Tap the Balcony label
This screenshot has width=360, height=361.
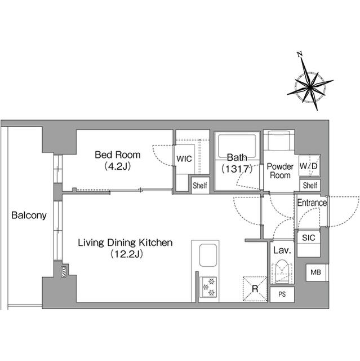[x=28, y=215]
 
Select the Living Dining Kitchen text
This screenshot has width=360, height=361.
[x=124, y=243]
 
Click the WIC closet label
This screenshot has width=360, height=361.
[x=184, y=159]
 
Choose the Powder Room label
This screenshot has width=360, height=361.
[x=279, y=170]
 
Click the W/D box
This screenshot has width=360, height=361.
[x=308, y=166]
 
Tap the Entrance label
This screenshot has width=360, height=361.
[x=312, y=203]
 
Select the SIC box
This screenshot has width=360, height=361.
[x=308, y=237]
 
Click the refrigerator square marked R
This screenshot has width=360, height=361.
[x=255, y=288]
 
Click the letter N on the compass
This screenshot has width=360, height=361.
[x=300, y=54]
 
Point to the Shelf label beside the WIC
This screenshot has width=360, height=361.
[x=199, y=185]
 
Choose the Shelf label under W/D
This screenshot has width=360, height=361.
[x=309, y=185]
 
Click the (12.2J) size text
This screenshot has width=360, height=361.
[x=124, y=254]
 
